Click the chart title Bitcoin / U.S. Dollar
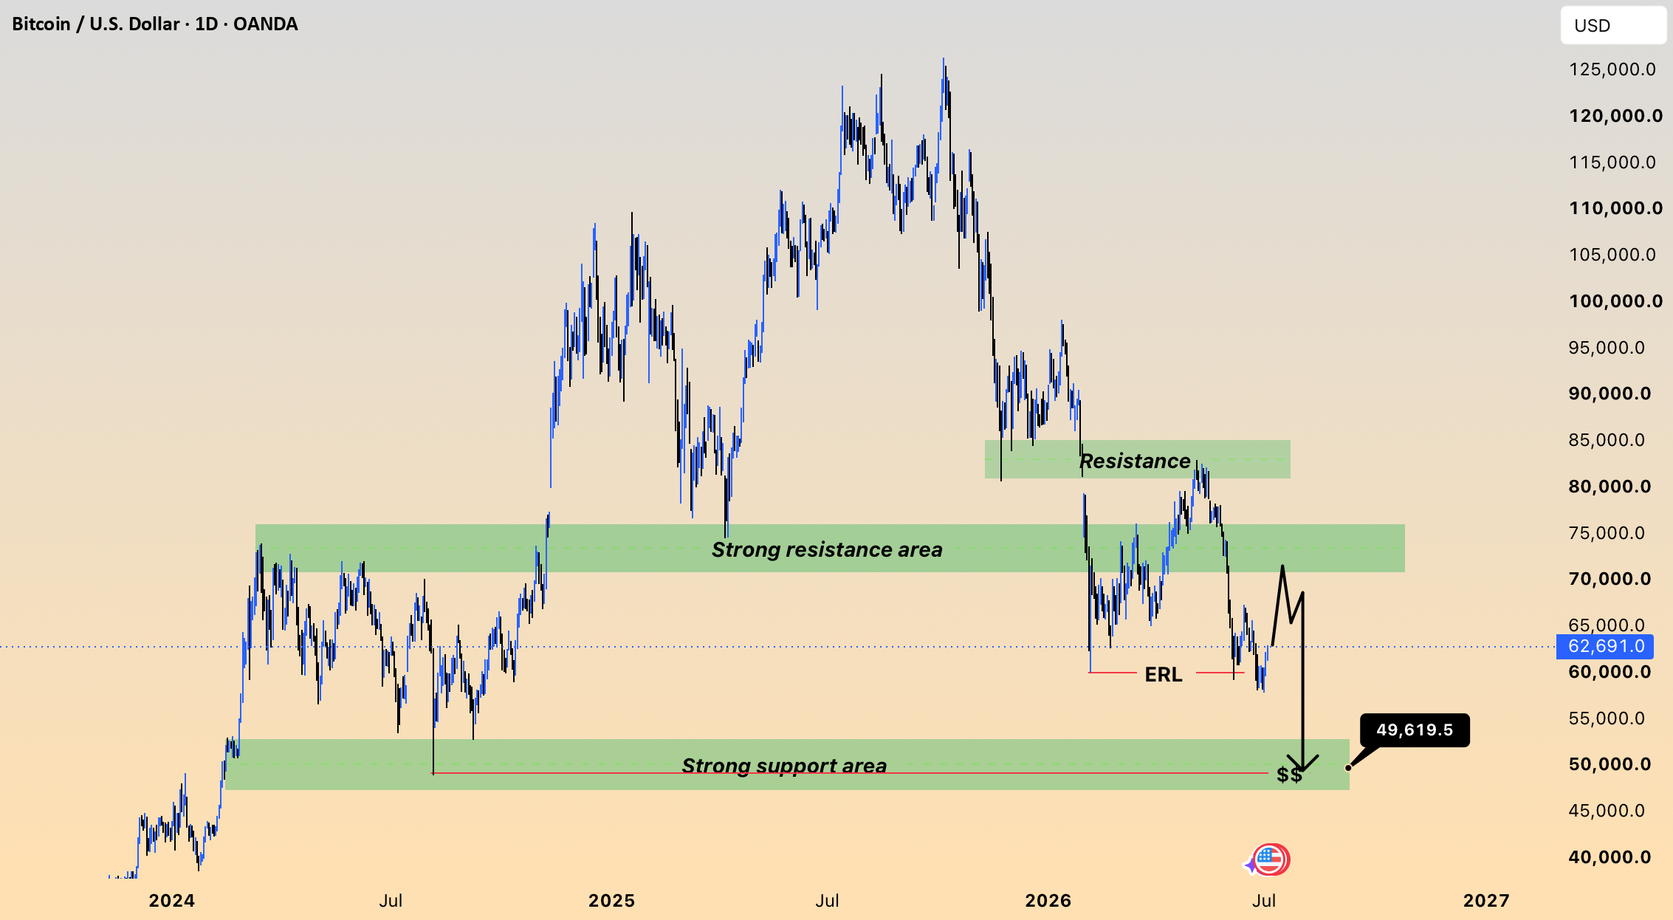(x=96, y=24)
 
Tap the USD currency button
(x=1612, y=26)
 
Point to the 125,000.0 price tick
(x=1612, y=69)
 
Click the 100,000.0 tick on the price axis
(x=1615, y=301)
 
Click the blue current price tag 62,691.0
(x=1605, y=647)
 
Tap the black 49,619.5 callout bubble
(x=1415, y=730)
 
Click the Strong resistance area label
(x=827, y=550)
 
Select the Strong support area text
(x=784, y=766)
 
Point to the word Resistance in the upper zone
(x=1135, y=461)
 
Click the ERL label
(x=1164, y=674)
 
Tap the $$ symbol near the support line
(x=1289, y=775)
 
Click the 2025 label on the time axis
(x=611, y=901)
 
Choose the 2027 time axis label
(x=1486, y=901)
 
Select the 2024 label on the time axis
(x=172, y=901)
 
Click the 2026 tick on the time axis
(x=1048, y=901)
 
